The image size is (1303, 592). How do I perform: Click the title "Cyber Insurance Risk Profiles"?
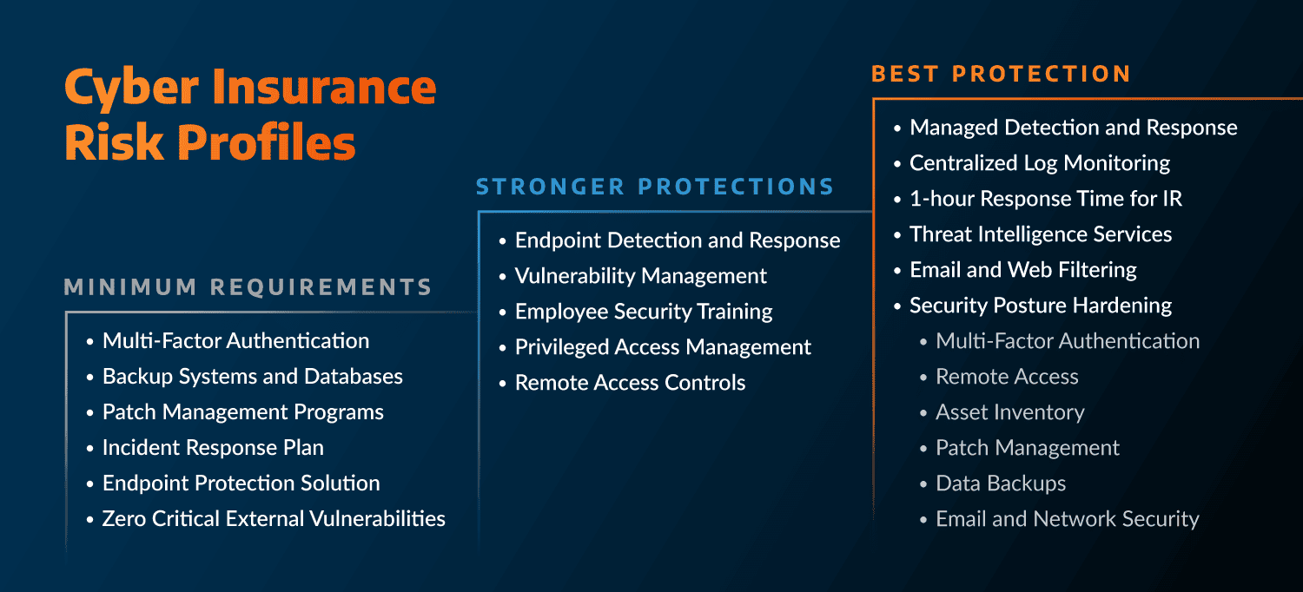[250, 114]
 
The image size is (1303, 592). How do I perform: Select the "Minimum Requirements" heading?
[248, 287]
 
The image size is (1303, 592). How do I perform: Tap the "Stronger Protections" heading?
[655, 187]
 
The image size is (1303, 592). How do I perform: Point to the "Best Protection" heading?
[1001, 74]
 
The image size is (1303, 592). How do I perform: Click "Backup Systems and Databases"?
[252, 377]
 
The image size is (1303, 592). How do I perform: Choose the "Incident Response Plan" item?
[213, 448]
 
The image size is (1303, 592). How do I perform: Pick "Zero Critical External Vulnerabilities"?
[274, 519]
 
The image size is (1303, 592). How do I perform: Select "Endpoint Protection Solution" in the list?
[241, 483]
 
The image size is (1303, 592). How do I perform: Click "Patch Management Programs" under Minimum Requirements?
[242, 412]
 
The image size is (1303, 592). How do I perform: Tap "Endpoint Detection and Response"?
[678, 240]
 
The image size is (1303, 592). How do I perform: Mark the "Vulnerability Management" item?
[640, 276]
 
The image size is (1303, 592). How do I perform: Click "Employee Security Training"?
[644, 312]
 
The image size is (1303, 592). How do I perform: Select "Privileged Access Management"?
[663, 347]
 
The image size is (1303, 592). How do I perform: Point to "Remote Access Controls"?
[630, 383]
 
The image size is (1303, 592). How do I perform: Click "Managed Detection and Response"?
[1073, 128]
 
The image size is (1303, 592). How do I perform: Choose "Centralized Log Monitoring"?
[1039, 163]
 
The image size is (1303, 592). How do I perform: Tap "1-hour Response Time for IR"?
[1045, 199]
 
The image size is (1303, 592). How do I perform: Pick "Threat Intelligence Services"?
[1040, 234]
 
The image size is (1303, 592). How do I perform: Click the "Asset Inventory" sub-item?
[1009, 412]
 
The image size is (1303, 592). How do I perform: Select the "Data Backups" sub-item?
[1000, 483]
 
